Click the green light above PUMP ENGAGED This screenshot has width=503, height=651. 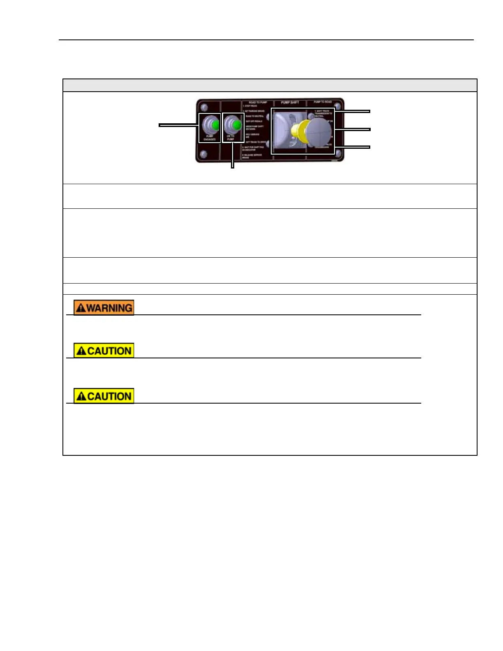pos(215,125)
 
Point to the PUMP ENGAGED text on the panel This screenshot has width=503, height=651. pos(210,138)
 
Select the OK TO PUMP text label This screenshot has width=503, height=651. pos(231,138)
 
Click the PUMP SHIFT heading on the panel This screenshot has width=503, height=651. pos(290,102)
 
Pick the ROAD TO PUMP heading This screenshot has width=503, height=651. pos(258,102)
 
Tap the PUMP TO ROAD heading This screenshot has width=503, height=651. pos(323,102)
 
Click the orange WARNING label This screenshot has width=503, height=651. pos(104,307)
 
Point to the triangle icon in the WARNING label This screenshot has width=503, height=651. pos(81,308)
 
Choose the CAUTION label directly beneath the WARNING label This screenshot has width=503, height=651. pos(104,351)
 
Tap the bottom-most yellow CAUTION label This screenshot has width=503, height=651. pos(104,396)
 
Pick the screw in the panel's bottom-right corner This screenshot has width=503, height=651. pos(338,153)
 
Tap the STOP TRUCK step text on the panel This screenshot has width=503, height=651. pos(250,106)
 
